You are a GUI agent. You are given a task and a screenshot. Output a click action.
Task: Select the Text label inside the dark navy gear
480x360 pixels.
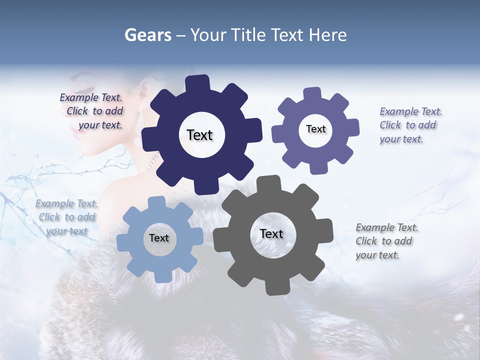coord(199,135)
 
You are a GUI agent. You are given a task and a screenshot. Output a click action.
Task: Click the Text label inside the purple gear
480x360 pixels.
coord(315,129)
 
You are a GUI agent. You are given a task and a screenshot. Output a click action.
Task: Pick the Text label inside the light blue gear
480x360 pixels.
coord(159,238)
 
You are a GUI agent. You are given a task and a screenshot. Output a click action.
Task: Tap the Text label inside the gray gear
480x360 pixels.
coord(271,233)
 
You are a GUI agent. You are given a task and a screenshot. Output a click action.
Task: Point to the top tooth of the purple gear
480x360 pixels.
coord(312,94)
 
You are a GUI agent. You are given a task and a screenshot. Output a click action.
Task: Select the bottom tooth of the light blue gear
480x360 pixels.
coord(160,276)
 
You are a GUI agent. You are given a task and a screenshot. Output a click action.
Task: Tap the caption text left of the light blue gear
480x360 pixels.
coord(66,217)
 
